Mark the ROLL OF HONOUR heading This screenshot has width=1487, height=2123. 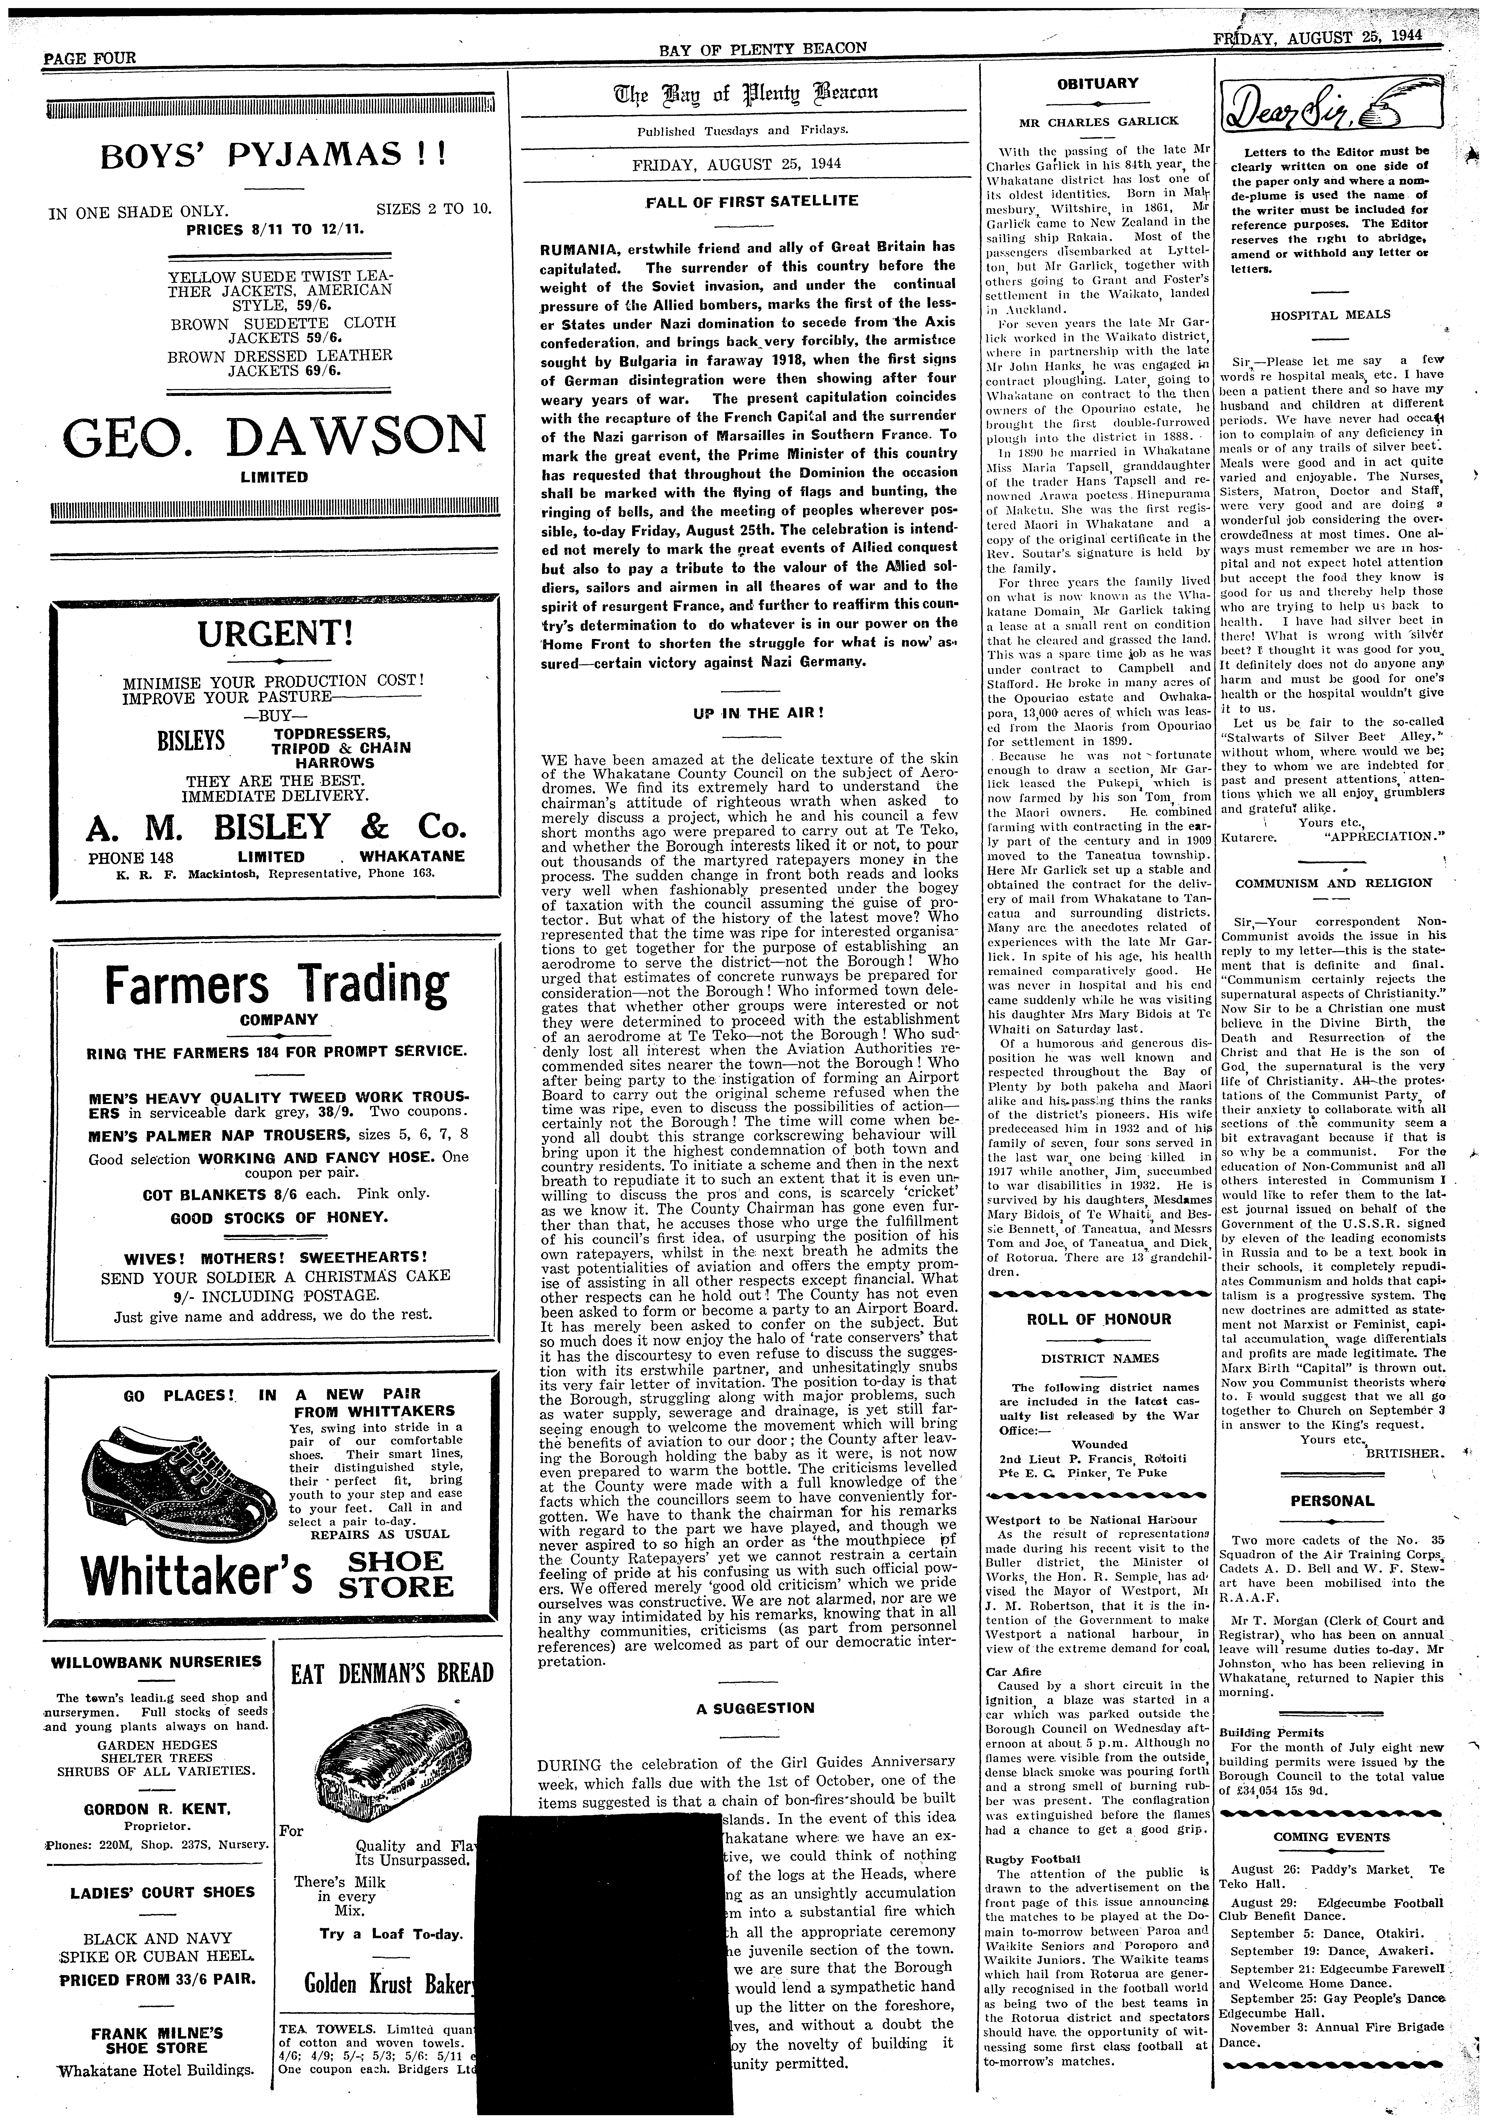[x=1099, y=1319]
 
